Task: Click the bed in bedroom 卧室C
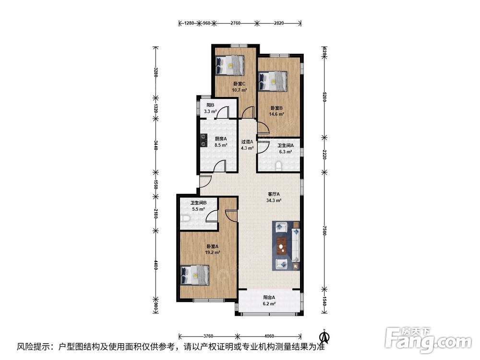(229, 65)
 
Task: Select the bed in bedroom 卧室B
(273, 81)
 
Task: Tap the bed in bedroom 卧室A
(195, 275)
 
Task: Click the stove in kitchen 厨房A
(203, 140)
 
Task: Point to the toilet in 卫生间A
(278, 167)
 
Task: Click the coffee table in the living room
(281, 246)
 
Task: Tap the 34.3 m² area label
(274, 201)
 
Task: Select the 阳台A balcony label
(269, 297)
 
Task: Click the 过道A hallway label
(247, 142)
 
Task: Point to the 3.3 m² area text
(210, 112)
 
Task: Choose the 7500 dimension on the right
(324, 231)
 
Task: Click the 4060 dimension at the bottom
(268, 336)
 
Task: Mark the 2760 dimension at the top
(235, 23)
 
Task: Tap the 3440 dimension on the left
(156, 145)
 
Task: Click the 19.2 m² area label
(213, 253)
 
